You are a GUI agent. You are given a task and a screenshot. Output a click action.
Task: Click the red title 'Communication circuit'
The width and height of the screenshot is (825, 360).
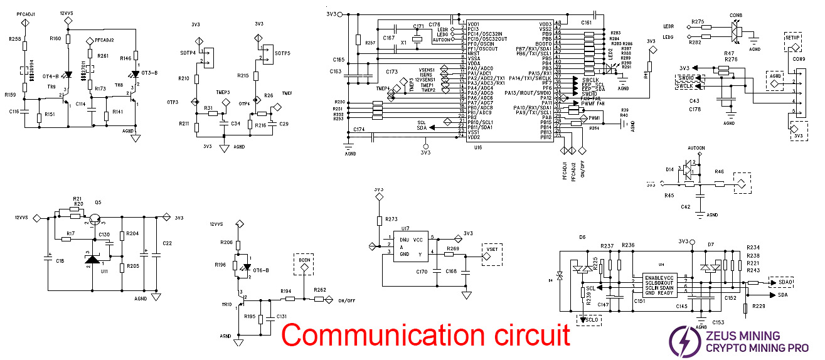point(425,334)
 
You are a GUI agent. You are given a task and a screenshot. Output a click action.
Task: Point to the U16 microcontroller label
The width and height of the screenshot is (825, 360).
point(478,147)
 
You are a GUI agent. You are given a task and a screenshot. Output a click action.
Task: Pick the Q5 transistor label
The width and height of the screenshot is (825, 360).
point(98,203)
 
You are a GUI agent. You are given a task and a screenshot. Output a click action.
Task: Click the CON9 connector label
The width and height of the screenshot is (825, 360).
point(798,59)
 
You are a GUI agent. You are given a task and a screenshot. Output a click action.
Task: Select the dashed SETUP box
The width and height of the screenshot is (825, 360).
point(792,38)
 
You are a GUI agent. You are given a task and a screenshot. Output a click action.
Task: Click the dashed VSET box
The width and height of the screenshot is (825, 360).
point(491,249)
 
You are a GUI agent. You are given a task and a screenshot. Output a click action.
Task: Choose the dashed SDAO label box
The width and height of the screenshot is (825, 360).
point(785,282)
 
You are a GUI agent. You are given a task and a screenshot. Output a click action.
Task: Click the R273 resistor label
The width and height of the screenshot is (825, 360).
point(391,220)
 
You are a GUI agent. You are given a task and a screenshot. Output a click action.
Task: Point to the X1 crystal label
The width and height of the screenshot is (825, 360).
point(403,42)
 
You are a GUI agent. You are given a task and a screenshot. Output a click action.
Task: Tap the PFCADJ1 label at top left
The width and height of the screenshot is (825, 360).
point(26,13)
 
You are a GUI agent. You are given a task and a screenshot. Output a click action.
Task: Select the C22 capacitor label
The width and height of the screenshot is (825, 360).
point(167,243)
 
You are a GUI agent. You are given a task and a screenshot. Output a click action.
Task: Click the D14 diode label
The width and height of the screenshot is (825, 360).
point(669,169)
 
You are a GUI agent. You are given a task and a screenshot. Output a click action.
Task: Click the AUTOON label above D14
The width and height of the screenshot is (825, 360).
point(696,149)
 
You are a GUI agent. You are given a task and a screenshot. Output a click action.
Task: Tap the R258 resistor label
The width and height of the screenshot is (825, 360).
point(15,39)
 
